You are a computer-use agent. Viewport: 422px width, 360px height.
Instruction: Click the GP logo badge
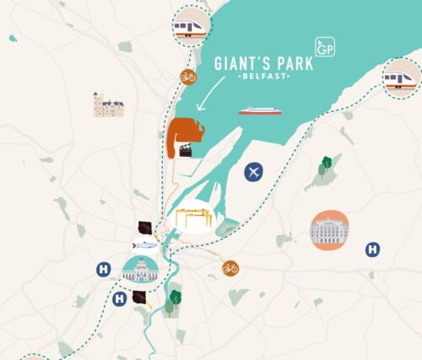point(323,47)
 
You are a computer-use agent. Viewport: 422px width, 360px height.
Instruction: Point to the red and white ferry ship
point(259,110)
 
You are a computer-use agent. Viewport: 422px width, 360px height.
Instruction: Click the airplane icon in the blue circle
point(253,173)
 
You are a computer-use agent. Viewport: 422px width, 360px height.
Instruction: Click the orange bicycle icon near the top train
point(188,77)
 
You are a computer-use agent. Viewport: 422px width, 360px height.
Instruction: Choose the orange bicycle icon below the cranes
point(230,268)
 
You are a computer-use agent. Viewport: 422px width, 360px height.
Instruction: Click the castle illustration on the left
point(109,105)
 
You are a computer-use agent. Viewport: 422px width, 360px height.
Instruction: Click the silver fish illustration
point(145,244)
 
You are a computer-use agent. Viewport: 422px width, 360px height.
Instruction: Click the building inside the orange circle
point(329,229)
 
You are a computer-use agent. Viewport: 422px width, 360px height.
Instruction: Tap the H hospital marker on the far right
point(371,249)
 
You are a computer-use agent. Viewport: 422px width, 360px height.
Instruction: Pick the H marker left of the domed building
point(103,270)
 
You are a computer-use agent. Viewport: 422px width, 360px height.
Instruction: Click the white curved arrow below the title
point(209,94)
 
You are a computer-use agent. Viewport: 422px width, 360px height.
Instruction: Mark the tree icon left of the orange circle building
point(323,167)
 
